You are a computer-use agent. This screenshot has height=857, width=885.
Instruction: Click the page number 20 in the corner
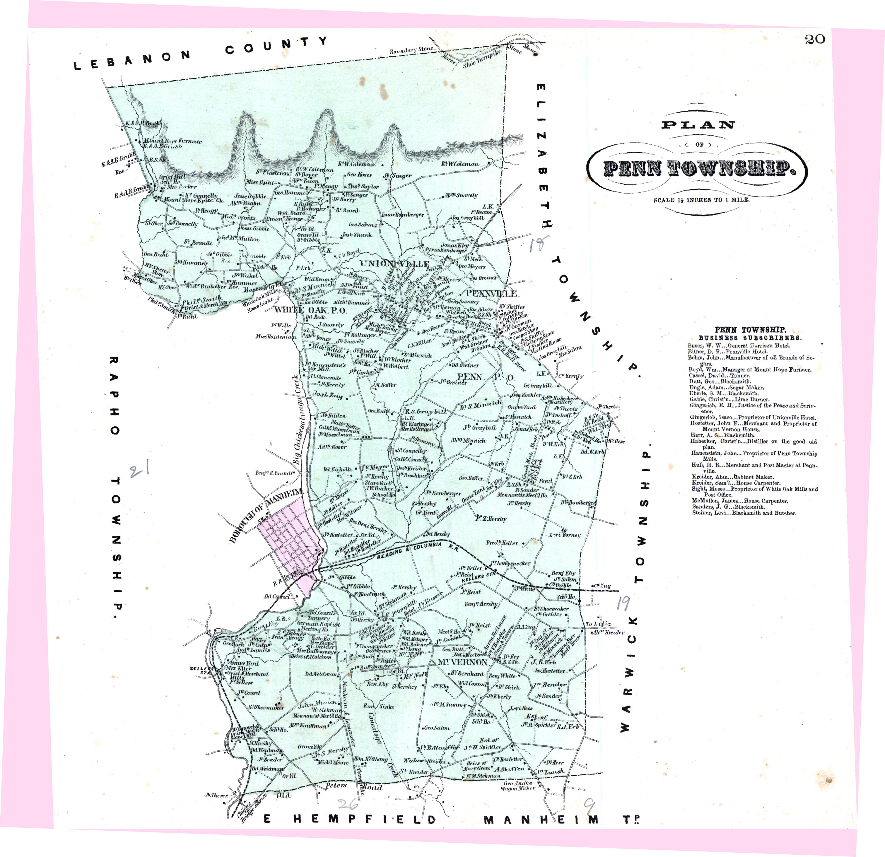pos(814,39)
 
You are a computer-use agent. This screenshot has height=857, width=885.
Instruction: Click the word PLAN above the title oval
pos(698,125)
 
